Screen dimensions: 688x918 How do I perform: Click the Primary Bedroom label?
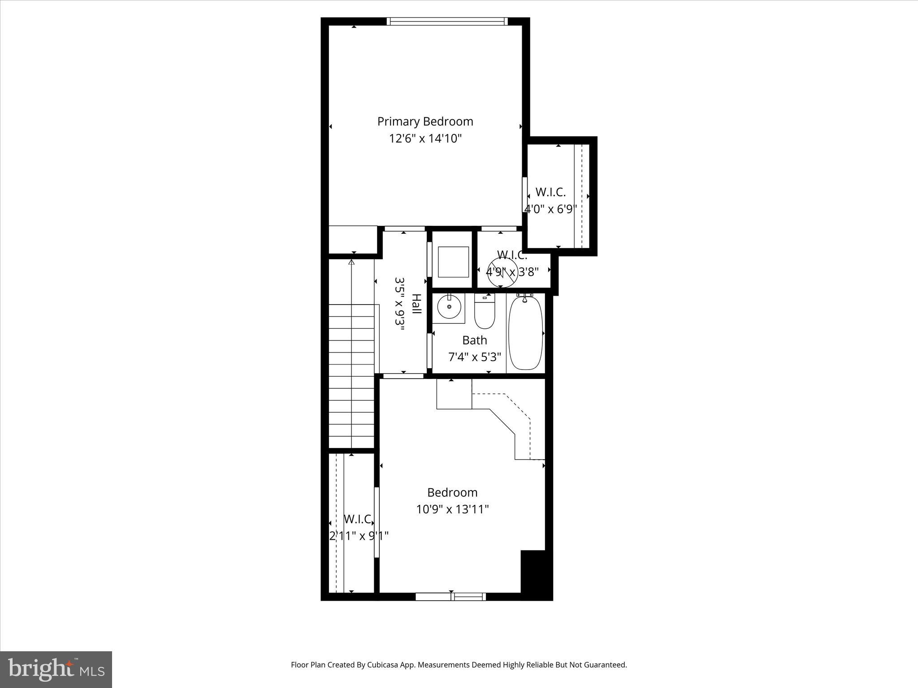[x=425, y=121]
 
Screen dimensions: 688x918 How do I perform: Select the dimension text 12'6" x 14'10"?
[x=425, y=138]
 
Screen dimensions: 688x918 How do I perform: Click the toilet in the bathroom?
[x=484, y=313]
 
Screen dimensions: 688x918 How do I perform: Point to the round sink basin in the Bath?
[x=449, y=307]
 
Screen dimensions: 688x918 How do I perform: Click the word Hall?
[x=416, y=304]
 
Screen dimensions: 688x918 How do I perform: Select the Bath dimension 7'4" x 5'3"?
[x=474, y=357]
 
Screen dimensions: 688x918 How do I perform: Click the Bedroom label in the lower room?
[x=452, y=493]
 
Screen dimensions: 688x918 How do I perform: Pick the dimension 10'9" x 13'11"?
[x=452, y=509]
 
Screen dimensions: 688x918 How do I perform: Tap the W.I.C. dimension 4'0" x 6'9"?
[x=550, y=209]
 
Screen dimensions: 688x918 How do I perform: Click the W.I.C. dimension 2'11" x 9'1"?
[x=359, y=536]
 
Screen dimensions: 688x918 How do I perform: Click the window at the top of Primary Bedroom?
[x=447, y=21]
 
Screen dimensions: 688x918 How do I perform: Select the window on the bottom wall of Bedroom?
[x=450, y=596]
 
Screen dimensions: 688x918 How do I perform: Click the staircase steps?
[x=351, y=376]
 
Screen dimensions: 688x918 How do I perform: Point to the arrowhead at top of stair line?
[x=351, y=262]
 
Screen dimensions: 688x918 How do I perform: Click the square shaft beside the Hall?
[x=453, y=262]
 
